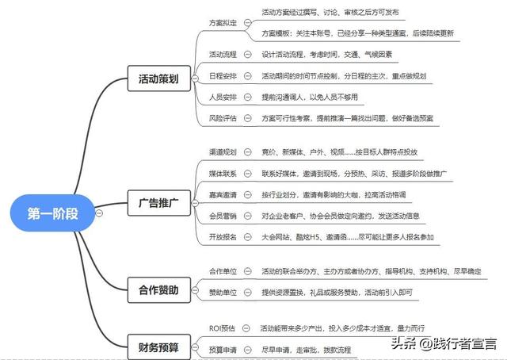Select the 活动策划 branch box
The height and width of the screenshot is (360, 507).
tap(158, 79)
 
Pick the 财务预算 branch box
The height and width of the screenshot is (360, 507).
tap(158, 347)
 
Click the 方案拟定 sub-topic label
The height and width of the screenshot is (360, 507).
tap(222, 24)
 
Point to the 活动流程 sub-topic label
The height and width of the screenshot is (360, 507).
tap(222, 55)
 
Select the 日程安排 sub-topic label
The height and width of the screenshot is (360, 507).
tap(222, 76)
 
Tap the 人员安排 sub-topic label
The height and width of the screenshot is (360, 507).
tap(222, 97)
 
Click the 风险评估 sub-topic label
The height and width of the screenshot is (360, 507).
tap(222, 118)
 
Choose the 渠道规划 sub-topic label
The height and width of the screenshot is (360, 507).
tap(222, 150)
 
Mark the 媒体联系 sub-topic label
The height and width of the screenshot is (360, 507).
tap(222, 172)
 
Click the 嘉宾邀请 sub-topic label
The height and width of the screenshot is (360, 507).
tap(222, 194)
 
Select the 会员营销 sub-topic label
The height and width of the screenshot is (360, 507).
tap(222, 216)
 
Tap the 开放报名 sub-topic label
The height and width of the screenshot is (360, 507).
tap(222, 237)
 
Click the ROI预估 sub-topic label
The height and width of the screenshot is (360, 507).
tap(221, 327)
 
